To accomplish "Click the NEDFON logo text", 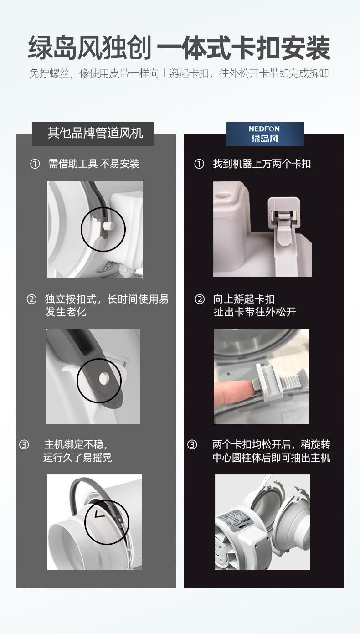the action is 264,129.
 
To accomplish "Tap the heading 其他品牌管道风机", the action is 95,133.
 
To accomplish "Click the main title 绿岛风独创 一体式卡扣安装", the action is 180,47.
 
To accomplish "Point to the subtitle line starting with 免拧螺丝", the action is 179,73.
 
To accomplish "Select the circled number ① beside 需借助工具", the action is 35,164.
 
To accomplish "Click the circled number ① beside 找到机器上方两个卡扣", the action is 199,164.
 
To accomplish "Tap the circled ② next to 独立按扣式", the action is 31,299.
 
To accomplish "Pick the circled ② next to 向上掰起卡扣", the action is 200,299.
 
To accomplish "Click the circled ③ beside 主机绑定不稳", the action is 24,445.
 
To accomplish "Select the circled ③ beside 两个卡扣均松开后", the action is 192,445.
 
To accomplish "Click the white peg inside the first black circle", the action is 108,226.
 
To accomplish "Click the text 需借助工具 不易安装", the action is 94,164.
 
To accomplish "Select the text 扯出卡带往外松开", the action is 255,312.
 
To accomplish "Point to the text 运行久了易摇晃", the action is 77,458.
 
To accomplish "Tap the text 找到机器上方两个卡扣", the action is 262,164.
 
